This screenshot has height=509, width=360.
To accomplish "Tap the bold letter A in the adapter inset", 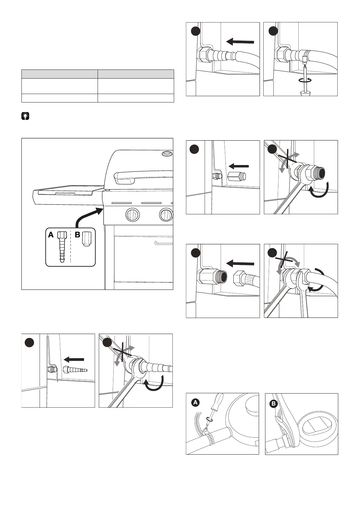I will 51,235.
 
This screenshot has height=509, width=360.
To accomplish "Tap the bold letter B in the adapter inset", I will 78,235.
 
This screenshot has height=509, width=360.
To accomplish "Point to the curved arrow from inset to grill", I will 87,216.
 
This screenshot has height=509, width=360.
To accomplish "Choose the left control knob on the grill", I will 132,215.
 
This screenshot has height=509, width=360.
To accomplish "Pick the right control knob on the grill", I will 166,215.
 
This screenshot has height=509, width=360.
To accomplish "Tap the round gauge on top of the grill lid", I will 167,154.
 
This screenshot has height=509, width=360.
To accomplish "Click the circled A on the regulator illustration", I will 196,402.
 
